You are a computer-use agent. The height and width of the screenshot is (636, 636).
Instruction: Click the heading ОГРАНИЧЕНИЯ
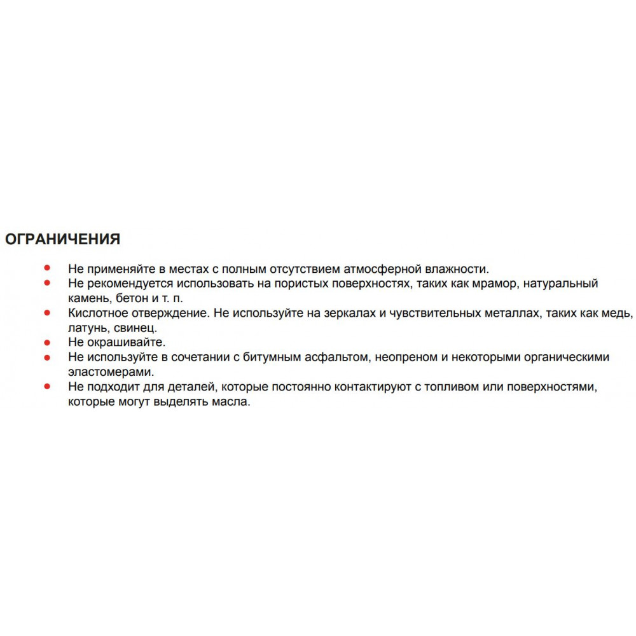62,239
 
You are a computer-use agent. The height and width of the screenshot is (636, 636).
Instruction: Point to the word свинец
136,328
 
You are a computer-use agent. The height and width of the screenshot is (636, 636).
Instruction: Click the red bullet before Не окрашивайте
47,342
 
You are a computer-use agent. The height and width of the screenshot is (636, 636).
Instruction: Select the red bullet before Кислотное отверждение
47,312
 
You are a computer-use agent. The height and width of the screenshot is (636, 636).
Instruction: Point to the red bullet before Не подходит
47,386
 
